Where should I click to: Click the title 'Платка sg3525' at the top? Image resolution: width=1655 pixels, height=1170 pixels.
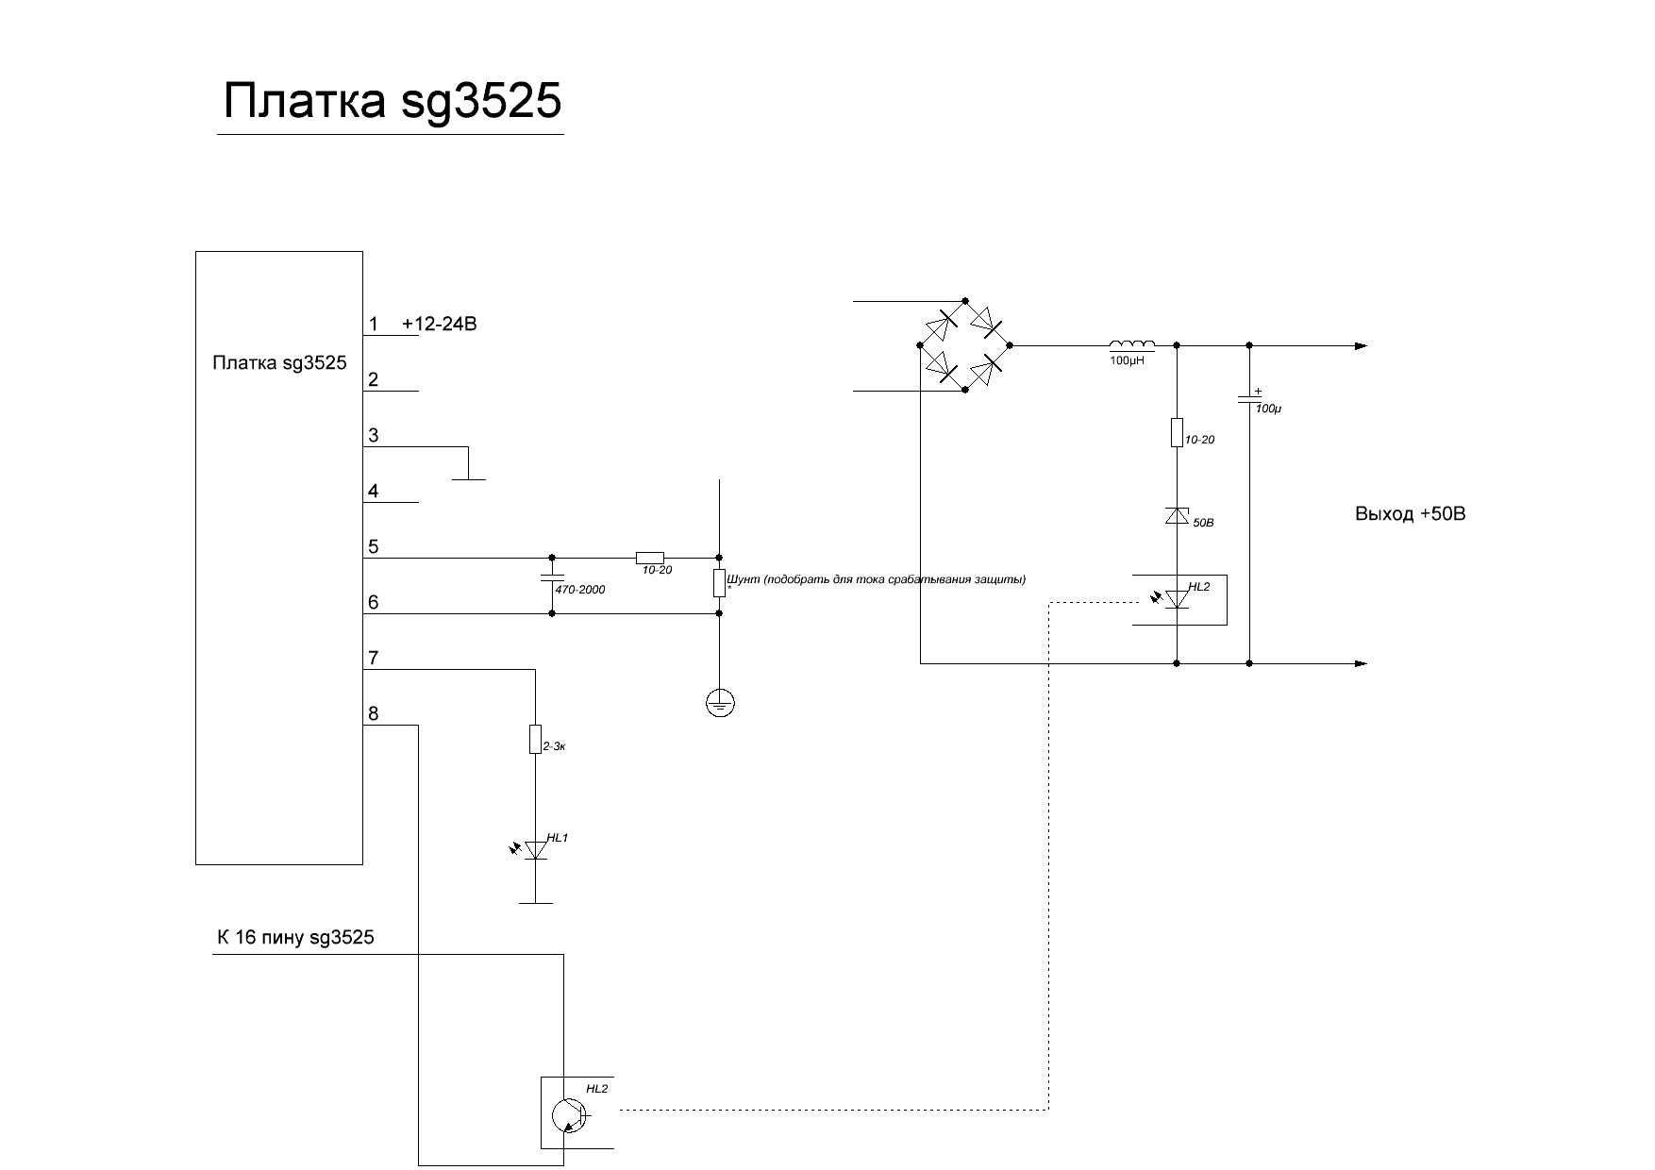point(392,102)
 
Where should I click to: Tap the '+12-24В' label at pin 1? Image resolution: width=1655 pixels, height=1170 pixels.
point(440,325)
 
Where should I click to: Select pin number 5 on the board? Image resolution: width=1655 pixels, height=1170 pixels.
point(374,547)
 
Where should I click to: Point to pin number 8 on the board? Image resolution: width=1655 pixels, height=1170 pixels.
point(374,714)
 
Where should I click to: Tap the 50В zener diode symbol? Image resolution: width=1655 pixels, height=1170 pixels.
point(1177,515)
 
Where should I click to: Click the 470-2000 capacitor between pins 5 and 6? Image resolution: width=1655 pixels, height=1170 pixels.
point(552,577)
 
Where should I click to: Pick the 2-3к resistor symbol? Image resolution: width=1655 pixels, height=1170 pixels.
point(535,739)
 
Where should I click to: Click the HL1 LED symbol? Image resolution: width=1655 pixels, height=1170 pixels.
point(535,850)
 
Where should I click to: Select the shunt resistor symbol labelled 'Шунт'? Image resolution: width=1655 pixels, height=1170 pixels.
point(719,583)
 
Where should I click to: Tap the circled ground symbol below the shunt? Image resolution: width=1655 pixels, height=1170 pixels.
point(720,703)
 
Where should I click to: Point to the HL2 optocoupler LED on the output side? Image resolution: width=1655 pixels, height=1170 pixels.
point(1176,599)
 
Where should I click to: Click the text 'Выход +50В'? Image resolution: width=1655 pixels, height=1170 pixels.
point(1410,515)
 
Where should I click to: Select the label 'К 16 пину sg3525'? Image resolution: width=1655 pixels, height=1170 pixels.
point(295,938)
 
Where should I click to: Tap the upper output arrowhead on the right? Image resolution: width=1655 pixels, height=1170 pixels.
point(1361,346)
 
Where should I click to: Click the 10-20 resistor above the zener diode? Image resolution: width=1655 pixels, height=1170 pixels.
point(1177,432)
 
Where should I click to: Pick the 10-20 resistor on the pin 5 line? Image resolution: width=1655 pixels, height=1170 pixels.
point(650,558)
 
